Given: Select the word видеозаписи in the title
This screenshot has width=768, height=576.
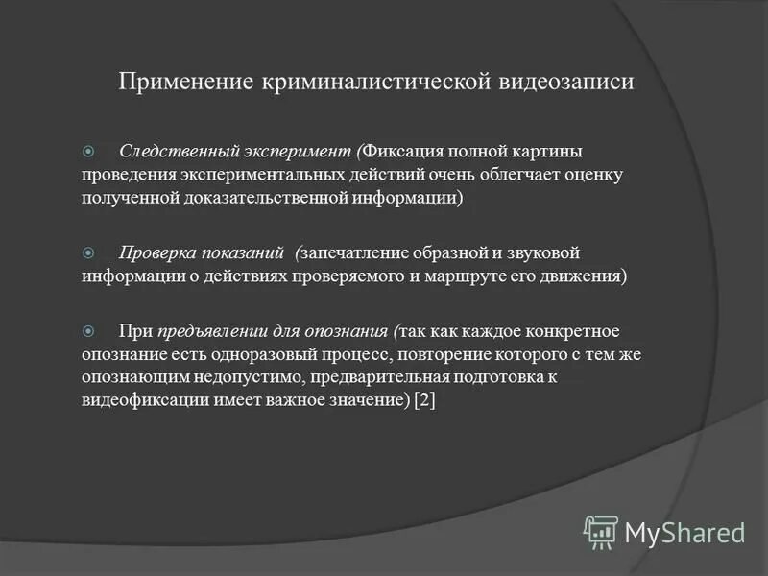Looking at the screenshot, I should [564, 82].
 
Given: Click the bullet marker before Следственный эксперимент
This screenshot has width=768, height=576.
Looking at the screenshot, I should [88, 152].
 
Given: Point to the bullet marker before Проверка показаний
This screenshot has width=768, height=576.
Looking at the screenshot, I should [88, 252].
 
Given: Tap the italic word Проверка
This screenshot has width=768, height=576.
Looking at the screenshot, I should [156, 252].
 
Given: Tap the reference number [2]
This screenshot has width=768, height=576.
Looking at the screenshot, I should [424, 400].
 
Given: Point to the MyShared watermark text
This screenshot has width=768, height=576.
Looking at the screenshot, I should [684, 531].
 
